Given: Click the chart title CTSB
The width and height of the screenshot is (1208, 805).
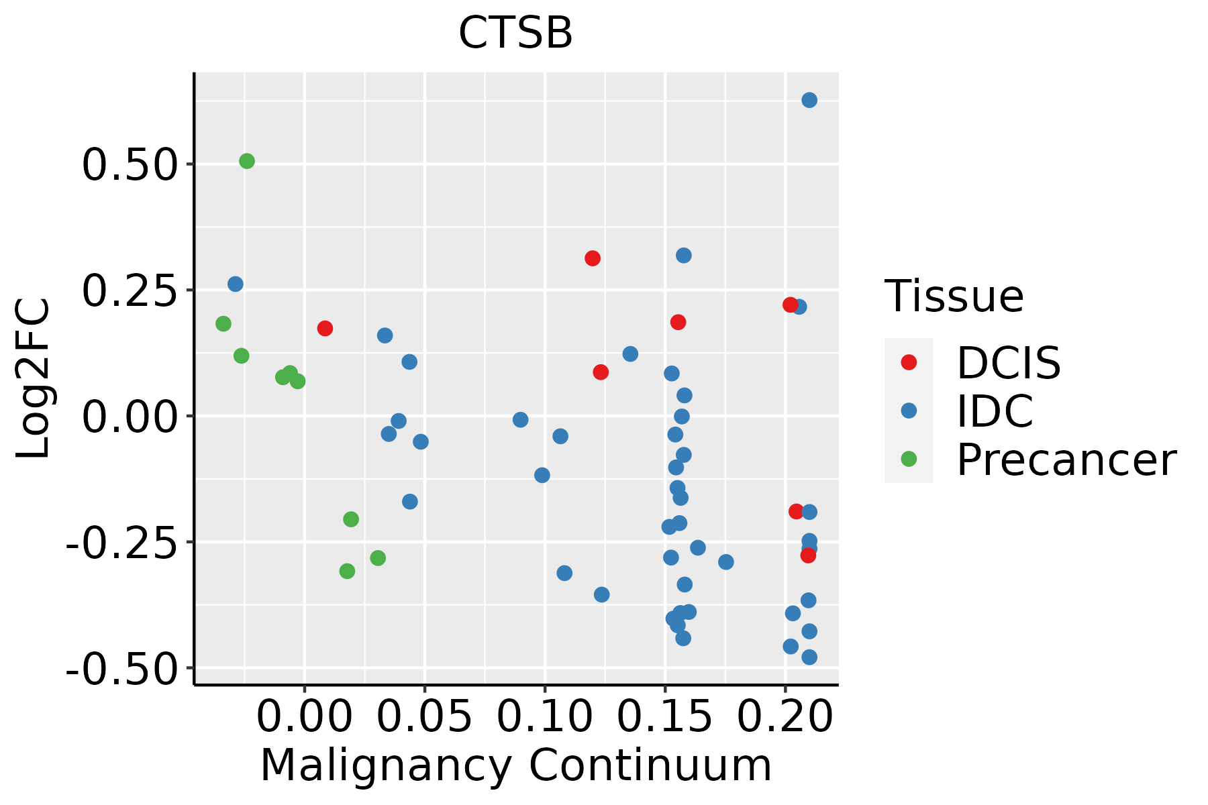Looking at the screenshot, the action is [515, 33].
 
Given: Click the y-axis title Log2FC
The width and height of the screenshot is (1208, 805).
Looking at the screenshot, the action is [34, 379].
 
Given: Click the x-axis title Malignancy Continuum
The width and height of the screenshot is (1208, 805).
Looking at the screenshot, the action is [515, 766].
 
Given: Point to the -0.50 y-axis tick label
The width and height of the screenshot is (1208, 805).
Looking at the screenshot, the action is [123, 668].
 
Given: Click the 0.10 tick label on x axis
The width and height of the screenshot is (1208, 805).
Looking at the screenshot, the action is [545, 716].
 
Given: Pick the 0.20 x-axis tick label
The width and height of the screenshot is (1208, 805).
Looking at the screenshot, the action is [785, 716].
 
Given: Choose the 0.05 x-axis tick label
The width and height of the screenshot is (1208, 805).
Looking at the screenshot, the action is [425, 716].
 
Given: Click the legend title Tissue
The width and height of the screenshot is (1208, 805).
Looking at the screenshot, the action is [954, 296].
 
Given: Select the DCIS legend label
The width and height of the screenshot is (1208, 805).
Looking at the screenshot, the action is [1009, 363].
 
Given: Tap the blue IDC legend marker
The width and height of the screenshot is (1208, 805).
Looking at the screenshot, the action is [909, 411].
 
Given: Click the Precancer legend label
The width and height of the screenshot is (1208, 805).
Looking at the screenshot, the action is [1066, 460].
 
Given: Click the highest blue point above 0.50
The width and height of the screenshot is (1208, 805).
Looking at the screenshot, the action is [809, 100].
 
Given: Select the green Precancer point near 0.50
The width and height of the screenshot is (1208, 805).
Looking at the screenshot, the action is [247, 161].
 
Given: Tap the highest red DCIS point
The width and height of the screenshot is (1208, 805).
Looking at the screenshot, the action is [593, 258].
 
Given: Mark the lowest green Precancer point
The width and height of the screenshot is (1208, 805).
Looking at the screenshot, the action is [347, 572].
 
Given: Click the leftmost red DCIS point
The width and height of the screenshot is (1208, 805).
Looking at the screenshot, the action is [325, 329].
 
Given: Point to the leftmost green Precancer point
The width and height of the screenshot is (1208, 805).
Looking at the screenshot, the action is [223, 324].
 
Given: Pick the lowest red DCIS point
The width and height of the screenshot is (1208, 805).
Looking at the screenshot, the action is [808, 555].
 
